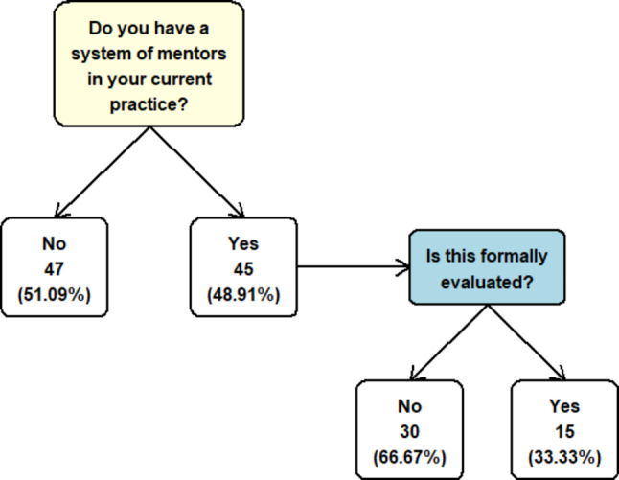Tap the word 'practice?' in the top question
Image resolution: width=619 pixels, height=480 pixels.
149,104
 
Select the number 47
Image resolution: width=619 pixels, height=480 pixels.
54,269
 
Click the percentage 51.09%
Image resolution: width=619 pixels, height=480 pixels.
54,295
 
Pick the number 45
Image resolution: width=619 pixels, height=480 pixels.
243,269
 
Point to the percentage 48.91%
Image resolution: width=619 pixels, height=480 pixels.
243,295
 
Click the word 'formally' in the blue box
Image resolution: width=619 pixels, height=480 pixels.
514,257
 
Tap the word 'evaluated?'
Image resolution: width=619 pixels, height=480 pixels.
487,283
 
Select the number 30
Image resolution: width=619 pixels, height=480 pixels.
409,432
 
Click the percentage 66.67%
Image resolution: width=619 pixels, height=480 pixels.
409,458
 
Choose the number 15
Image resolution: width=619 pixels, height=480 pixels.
564,432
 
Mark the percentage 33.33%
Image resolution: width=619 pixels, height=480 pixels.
564,458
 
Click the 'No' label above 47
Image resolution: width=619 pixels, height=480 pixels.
54,243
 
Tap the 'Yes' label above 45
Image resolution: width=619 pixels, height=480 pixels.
243,243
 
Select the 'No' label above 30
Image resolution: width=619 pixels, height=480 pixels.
409,406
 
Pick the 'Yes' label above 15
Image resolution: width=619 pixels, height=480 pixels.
564,406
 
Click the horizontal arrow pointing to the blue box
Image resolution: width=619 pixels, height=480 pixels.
354,267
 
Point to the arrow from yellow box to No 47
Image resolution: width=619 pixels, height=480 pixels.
102,172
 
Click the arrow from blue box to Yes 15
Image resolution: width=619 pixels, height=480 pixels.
527,342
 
